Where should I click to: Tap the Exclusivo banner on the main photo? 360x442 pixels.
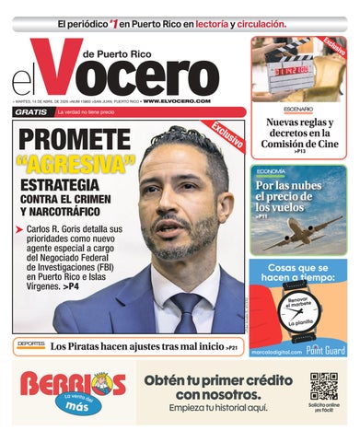coord(227,134)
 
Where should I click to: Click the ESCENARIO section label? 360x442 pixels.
coord(273,109)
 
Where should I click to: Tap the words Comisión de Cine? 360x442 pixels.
coord(302,142)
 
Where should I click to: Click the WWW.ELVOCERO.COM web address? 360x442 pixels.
coord(177,100)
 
